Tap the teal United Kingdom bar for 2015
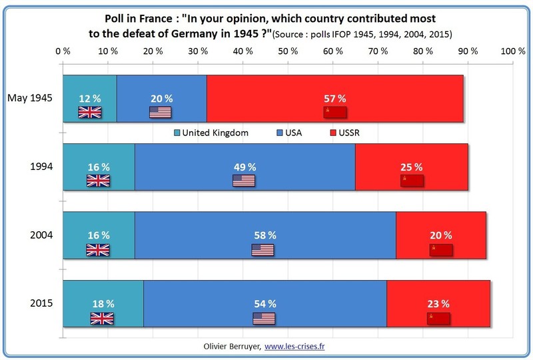click(x=103, y=291)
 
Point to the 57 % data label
click(x=335, y=98)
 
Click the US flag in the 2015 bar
click(x=264, y=318)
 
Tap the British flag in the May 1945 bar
click(x=89, y=112)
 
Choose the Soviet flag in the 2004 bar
click(x=440, y=249)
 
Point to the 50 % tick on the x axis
click(x=288, y=51)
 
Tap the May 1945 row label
click(x=30, y=98)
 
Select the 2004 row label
click(x=41, y=235)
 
